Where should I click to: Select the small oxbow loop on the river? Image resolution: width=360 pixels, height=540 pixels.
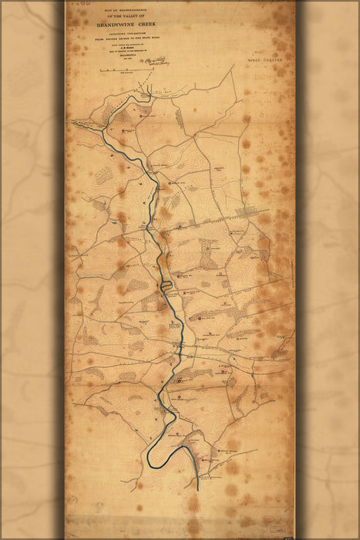[x=167, y=286]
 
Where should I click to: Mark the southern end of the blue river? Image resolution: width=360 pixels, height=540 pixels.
[x=198, y=488]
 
